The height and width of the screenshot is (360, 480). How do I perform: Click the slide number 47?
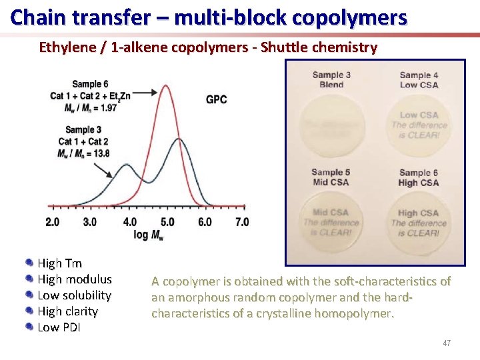point(447,343)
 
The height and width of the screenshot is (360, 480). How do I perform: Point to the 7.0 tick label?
point(242,222)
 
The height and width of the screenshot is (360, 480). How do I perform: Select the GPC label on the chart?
point(216,99)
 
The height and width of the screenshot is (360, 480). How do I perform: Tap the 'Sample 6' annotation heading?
point(90,84)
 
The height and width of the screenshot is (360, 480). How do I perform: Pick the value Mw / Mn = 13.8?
point(84,154)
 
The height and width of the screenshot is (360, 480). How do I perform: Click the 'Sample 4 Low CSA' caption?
point(419,80)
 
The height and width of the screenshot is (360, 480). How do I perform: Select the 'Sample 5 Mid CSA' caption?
point(331,177)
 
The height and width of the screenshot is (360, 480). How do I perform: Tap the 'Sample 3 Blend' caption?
point(331,80)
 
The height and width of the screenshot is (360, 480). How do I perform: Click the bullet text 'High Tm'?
point(59,263)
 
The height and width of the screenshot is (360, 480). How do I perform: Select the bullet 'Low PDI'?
point(59,327)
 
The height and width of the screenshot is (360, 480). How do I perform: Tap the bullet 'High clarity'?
point(67,311)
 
